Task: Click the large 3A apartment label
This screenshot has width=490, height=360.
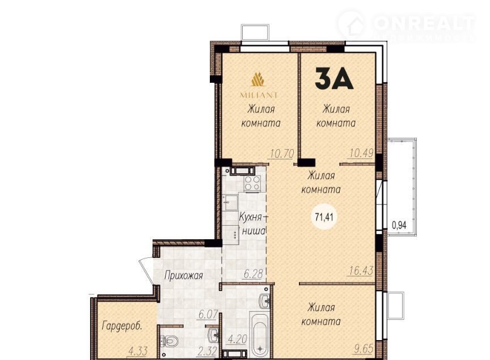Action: [333, 78]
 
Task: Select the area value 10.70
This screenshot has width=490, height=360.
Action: [282, 154]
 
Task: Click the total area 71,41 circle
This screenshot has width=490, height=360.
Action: [324, 217]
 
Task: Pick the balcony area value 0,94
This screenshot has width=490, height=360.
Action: [399, 225]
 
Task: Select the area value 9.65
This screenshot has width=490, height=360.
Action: [364, 349]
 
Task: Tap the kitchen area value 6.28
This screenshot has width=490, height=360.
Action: [254, 274]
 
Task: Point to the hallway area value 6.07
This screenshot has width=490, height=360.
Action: [208, 314]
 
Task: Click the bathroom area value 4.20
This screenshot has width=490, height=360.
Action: [238, 339]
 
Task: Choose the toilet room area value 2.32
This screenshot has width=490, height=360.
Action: [207, 351]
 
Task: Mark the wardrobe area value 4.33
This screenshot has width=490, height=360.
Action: [138, 351]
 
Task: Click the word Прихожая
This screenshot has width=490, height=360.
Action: [184, 276]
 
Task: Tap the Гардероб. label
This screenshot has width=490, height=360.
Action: [122, 326]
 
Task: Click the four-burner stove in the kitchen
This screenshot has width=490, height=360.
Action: [252, 183]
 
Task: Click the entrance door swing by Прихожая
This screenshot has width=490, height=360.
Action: [146, 270]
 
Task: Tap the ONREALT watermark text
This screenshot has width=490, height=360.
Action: [424, 23]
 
